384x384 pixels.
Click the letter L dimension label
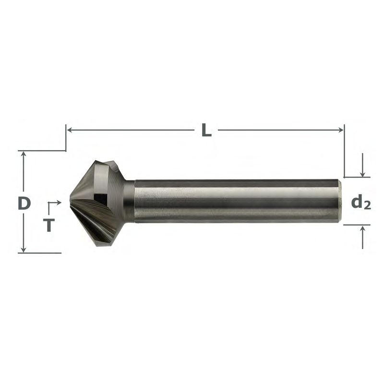206,130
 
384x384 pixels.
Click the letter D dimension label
24,204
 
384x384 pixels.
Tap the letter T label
48,225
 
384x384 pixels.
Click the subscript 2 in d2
367,206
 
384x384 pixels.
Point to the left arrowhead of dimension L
69,130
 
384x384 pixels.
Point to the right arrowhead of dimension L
341,130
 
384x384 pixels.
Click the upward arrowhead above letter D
24,154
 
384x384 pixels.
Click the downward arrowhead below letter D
24,249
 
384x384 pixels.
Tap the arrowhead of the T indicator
59,202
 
